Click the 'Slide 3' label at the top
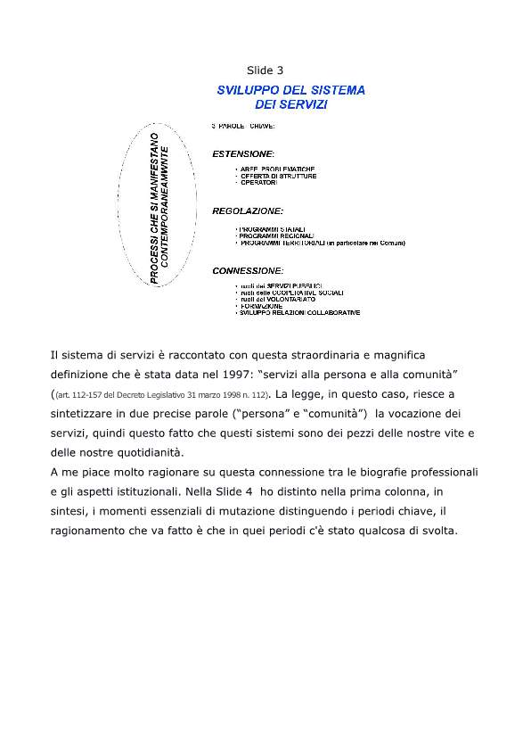pos(265,70)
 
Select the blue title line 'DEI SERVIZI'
pos(290,104)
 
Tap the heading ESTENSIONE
pos(243,153)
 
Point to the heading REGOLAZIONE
pos(247,211)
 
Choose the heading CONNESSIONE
pos(247,269)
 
